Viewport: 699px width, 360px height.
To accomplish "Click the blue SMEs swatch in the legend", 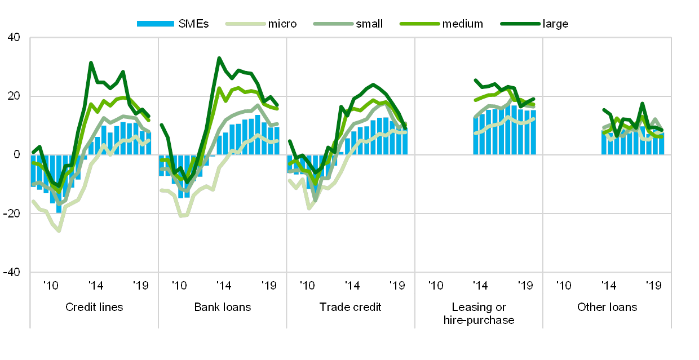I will click(x=155, y=24).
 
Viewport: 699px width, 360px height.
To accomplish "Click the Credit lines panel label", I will click(x=94, y=308).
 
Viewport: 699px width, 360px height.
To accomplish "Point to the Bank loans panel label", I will click(x=223, y=308).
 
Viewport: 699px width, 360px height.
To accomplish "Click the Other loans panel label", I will click(x=607, y=308).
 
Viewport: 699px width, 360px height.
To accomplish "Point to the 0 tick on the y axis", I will click(x=16, y=155).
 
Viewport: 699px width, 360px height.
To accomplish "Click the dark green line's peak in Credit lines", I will click(x=91, y=63).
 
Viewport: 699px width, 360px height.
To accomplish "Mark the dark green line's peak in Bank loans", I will click(x=219, y=57).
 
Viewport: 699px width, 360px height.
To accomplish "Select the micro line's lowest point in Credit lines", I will click(x=59, y=231).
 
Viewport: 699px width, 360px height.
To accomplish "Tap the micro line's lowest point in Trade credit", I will click(x=309, y=208).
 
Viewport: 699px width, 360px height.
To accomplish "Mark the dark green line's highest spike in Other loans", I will click(x=642, y=104).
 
